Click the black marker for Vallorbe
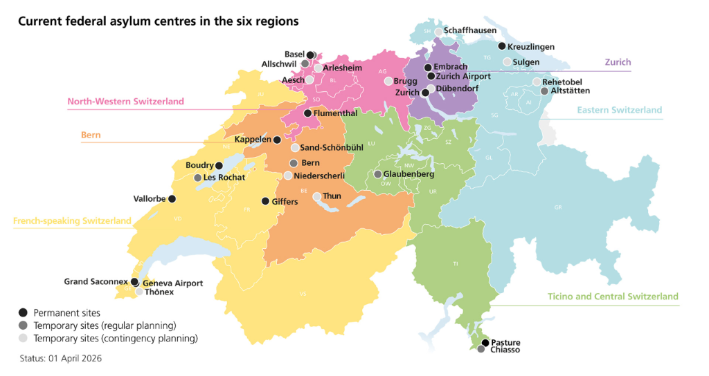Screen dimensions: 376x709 click(x=172, y=199)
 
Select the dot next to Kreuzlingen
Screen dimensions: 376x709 click(x=501, y=46)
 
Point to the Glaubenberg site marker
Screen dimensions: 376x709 click(x=377, y=174)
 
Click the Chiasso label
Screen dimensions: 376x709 click(x=505, y=350)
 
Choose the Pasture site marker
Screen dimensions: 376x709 click(x=485, y=343)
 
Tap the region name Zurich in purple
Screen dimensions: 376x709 click(x=618, y=62)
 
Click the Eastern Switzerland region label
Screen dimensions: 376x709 click(x=620, y=110)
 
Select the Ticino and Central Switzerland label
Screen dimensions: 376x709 click(x=613, y=297)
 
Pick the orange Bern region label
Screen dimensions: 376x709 click(x=91, y=135)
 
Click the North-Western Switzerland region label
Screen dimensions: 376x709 click(x=125, y=102)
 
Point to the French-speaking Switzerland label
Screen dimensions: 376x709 click(x=72, y=220)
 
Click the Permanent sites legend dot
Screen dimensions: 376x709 click(x=24, y=313)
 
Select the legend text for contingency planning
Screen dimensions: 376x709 click(x=116, y=339)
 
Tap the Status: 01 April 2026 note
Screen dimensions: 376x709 click(x=61, y=359)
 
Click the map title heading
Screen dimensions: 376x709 click(x=158, y=21)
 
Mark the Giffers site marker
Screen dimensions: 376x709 click(x=265, y=201)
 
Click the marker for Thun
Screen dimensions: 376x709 click(x=317, y=196)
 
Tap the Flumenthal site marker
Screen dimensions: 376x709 click(x=307, y=113)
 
